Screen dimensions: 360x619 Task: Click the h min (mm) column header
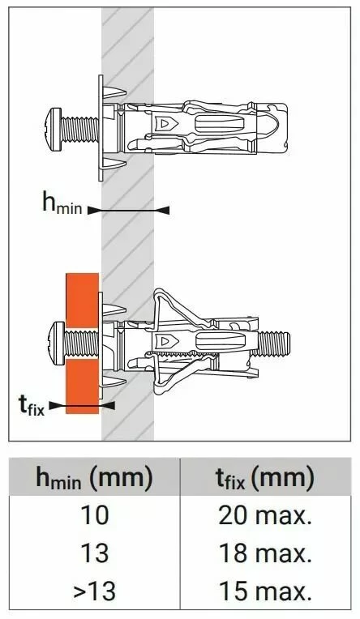click(x=94, y=477)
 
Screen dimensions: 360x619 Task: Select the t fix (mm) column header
click(x=265, y=477)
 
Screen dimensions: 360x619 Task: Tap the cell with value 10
click(x=94, y=514)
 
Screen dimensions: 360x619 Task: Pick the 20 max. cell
click(x=265, y=514)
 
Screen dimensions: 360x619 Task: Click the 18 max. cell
click(x=265, y=553)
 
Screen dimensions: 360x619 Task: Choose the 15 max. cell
click(x=265, y=591)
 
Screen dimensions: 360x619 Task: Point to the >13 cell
click(x=94, y=591)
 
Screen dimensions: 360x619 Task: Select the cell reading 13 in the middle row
click(x=94, y=553)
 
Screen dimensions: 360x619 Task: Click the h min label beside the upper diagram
click(x=62, y=203)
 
